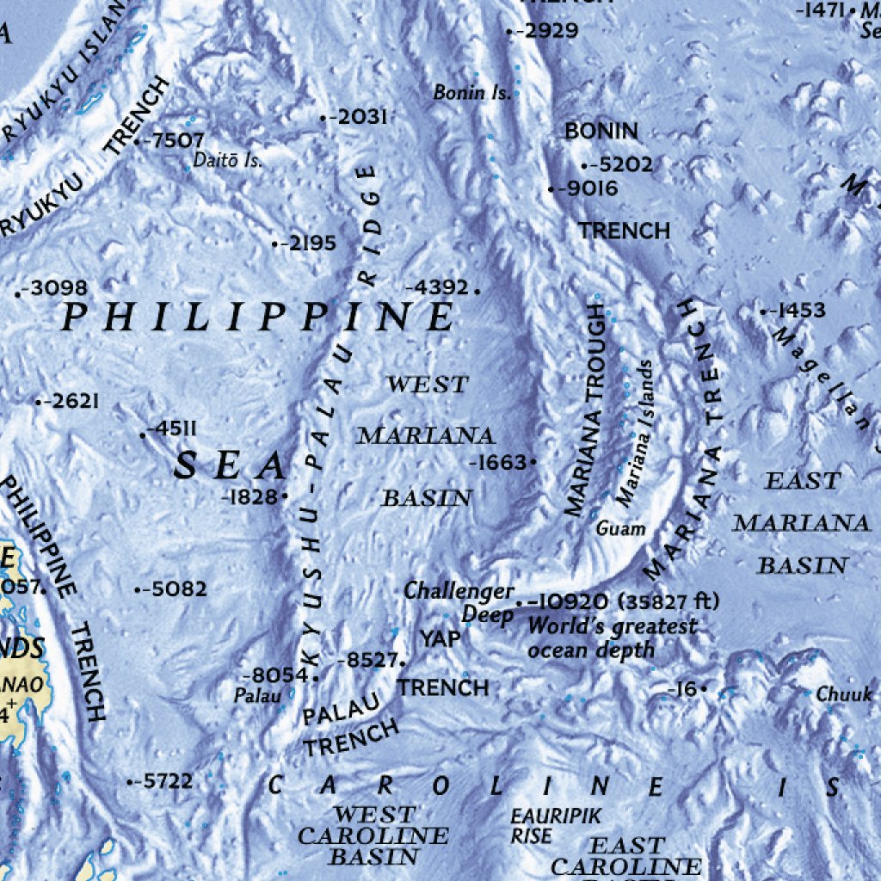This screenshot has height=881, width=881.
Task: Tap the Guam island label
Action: click(x=620, y=528)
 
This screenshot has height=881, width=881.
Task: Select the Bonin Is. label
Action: click(x=471, y=92)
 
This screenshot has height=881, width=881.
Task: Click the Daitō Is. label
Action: click(x=227, y=160)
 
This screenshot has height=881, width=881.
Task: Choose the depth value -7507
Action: click(x=176, y=140)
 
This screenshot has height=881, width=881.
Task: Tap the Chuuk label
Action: click(x=844, y=693)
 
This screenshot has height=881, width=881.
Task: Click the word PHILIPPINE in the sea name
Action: click(x=258, y=318)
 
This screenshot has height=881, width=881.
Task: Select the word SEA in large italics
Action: click(x=229, y=466)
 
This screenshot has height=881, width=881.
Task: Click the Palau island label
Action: click(x=257, y=696)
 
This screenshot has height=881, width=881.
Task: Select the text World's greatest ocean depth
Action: click(x=611, y=638)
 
